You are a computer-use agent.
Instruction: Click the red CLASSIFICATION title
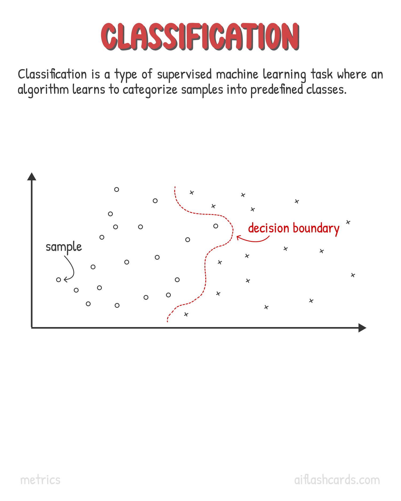(200, 36)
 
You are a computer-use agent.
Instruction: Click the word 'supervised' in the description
(184, 75)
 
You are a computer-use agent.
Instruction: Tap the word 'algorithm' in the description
(43, 90)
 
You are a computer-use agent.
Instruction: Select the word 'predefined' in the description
(276, 90)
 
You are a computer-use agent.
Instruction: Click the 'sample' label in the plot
(64, 247)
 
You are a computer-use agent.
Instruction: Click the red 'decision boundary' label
(294, 228)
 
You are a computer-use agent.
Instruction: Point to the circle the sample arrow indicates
(59, 280)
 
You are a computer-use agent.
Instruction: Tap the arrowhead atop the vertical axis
(32, 176)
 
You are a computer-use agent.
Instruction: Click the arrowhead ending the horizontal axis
(362, 328)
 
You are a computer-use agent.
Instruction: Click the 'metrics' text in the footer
(40, 480)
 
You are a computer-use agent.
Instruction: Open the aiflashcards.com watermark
(337, 480)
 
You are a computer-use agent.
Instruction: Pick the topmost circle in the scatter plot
(117, 189)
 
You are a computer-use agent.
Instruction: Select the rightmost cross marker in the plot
(353, 275)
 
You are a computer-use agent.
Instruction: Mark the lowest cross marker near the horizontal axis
(186, 314)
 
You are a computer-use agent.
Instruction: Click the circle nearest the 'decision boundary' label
(216, 226)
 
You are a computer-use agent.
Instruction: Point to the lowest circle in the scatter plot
(117, 305)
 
